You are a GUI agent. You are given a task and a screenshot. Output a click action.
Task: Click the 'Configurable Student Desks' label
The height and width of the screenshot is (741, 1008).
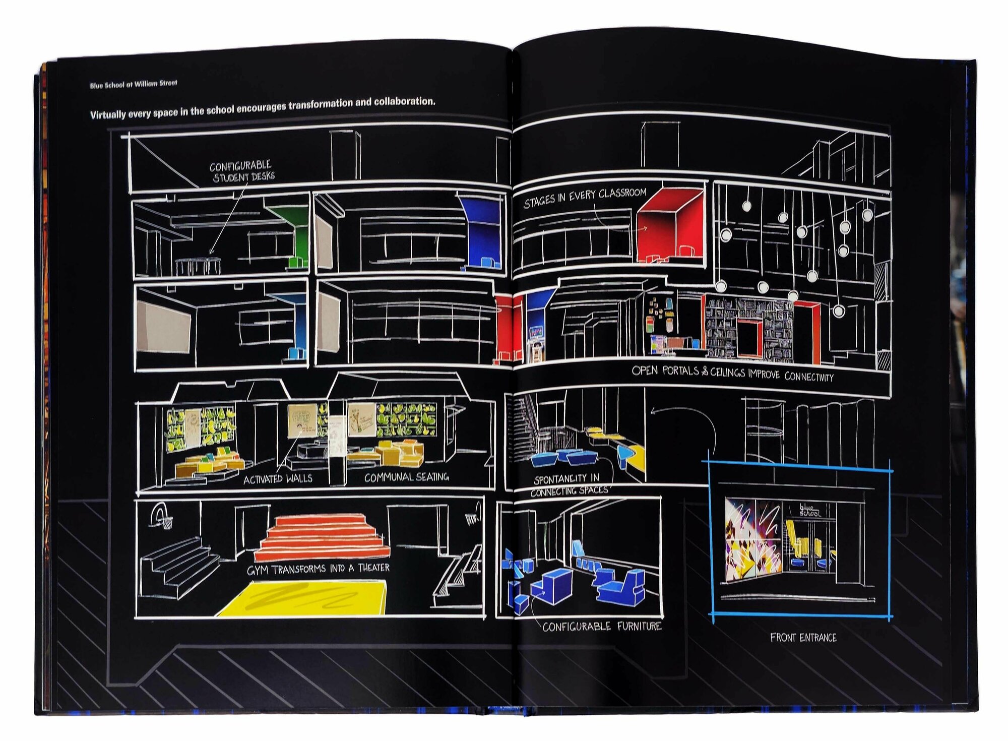coord(242,171)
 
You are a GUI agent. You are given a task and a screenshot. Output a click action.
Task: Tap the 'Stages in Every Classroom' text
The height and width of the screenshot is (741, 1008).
coord(585,197)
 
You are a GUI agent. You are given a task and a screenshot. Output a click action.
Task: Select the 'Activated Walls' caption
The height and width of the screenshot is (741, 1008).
coord(278,479)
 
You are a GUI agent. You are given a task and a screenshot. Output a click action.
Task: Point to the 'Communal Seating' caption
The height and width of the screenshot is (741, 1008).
coord(406,477)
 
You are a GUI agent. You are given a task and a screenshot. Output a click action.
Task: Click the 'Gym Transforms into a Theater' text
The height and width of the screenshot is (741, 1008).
coord(318,569)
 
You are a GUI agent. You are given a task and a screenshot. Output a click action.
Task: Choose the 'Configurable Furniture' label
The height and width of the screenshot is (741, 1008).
coord(602,627)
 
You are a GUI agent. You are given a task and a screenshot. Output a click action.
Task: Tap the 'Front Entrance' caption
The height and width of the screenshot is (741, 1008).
coord(803,638)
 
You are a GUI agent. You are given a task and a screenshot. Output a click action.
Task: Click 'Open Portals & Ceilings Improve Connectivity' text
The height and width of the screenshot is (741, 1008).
coord(732,374)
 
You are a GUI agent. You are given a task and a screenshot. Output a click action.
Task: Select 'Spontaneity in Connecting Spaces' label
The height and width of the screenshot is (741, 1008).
coord(568,484)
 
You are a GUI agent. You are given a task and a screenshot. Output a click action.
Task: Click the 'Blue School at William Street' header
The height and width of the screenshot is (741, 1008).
coord(134,84)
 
